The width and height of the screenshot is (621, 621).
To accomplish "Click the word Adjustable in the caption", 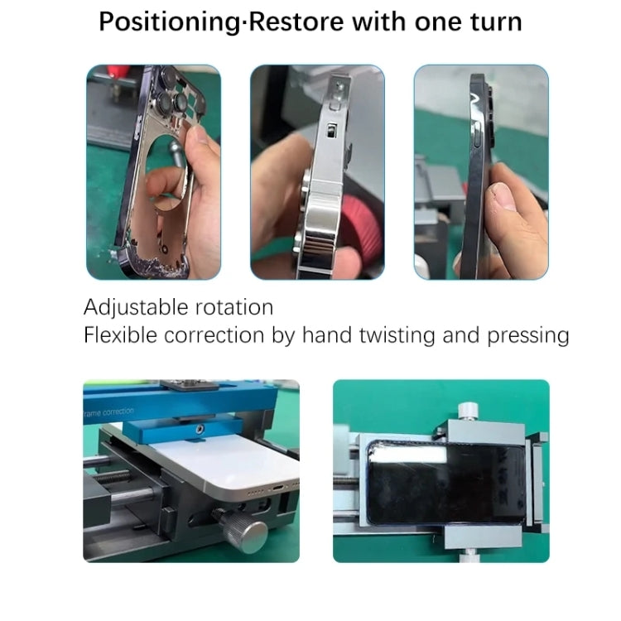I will point(137,308).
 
